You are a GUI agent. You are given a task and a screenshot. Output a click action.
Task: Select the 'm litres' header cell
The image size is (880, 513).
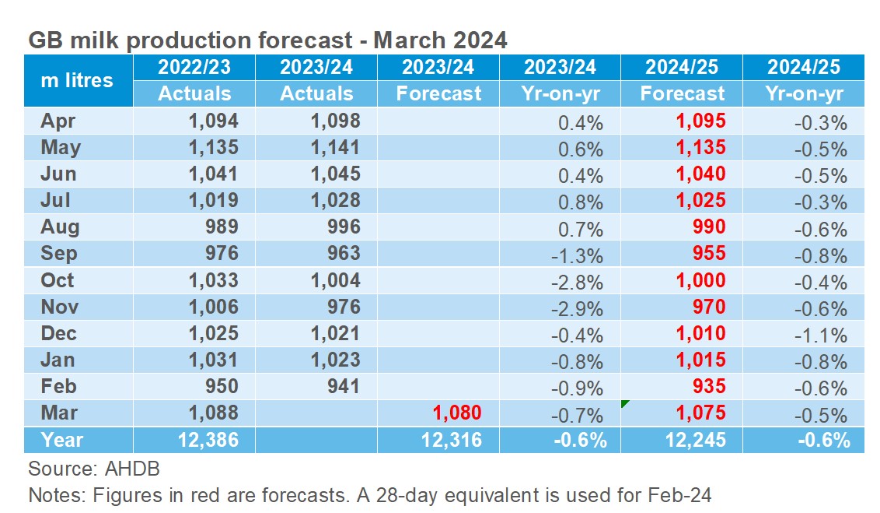pyautogui.click(x=76, y=80)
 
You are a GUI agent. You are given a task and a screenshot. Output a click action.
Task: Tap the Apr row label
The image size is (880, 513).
pyautogui.click(x=57, y=121)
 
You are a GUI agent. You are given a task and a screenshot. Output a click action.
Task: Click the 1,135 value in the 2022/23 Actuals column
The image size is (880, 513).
pyautogui.click(x=212, y=147)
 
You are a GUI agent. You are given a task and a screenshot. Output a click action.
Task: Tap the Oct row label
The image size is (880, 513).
pyautogui.click(x=57, y=280)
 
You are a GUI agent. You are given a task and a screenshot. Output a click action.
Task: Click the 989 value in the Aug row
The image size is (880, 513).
pyautogui.click(x=220, y=227)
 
